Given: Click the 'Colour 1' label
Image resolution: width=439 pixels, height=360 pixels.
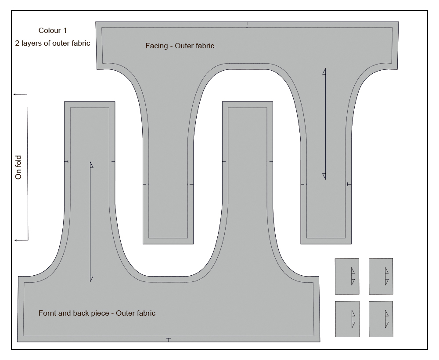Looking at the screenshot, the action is click(53, 30).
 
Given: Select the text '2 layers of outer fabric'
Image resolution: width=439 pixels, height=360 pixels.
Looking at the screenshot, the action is click(53, 43).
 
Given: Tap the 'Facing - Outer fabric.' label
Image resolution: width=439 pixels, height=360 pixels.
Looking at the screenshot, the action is click(180, 46).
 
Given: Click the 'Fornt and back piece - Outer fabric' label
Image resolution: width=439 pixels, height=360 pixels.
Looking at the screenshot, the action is click(97, 313).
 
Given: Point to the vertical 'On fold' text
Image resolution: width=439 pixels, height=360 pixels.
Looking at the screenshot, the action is click(18, 167).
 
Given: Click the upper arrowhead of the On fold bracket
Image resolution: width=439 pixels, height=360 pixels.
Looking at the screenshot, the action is click(15, 95).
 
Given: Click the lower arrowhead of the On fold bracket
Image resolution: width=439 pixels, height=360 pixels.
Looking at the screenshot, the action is click(16, 240).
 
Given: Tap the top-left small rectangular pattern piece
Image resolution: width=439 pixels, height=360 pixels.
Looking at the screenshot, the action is click(347, 276).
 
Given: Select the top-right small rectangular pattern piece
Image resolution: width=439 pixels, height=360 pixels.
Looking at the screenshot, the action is click(381, 276).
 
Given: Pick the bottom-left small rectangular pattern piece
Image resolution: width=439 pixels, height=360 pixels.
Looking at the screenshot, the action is click(347, 319).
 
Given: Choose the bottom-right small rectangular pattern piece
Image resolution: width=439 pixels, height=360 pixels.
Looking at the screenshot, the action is click(381, 319).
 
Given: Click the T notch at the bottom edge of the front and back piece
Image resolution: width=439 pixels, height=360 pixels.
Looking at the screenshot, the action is click(169, 340).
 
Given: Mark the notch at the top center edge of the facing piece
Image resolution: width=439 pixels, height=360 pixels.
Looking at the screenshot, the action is click(247, 25).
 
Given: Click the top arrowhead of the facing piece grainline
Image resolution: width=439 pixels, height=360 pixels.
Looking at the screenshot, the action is click(324, 72).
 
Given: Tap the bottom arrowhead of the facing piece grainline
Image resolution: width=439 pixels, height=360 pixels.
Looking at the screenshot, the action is click(324, 176).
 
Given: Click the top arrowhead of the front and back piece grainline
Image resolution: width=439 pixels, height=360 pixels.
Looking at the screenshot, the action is click(92, 165).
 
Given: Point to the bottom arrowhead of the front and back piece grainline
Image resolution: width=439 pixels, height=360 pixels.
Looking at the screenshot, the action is click(92, 278).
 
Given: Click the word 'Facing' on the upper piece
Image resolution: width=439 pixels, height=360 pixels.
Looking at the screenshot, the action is click(157, 46).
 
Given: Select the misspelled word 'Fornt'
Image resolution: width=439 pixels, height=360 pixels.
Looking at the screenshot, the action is click(47, 313).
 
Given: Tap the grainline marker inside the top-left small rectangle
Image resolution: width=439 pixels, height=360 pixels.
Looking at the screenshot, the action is click(353, 276).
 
